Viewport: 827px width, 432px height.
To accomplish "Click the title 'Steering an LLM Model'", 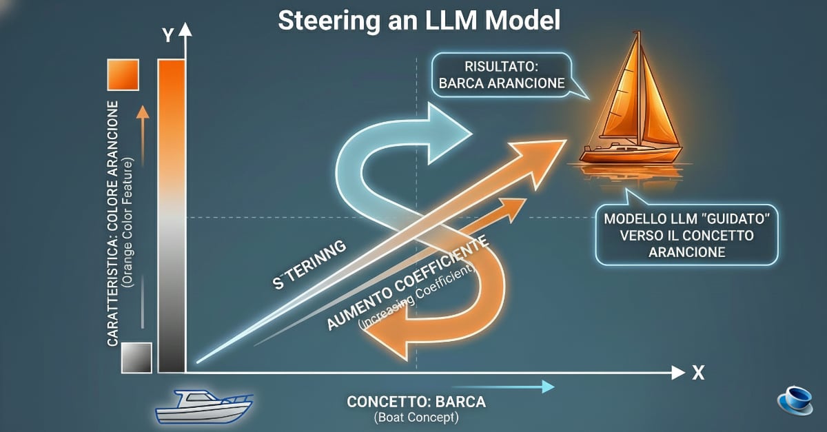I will [x=419, y=20].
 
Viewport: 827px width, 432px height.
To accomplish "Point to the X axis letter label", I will [x=697, y=373].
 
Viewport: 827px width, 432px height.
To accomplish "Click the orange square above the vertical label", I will [x=123, y=74].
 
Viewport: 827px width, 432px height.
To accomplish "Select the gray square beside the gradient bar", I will [x=136, y=358].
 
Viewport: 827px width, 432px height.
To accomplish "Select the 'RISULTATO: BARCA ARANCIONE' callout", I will [x=501, y=76].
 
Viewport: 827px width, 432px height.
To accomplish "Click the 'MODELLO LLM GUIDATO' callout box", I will [x=686, y=235].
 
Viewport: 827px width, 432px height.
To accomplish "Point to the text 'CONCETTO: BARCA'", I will [x=416, y=402].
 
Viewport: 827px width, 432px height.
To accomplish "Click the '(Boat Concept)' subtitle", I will [x=416, y=418].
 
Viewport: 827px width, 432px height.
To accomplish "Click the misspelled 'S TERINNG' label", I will [x=309, y=268].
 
